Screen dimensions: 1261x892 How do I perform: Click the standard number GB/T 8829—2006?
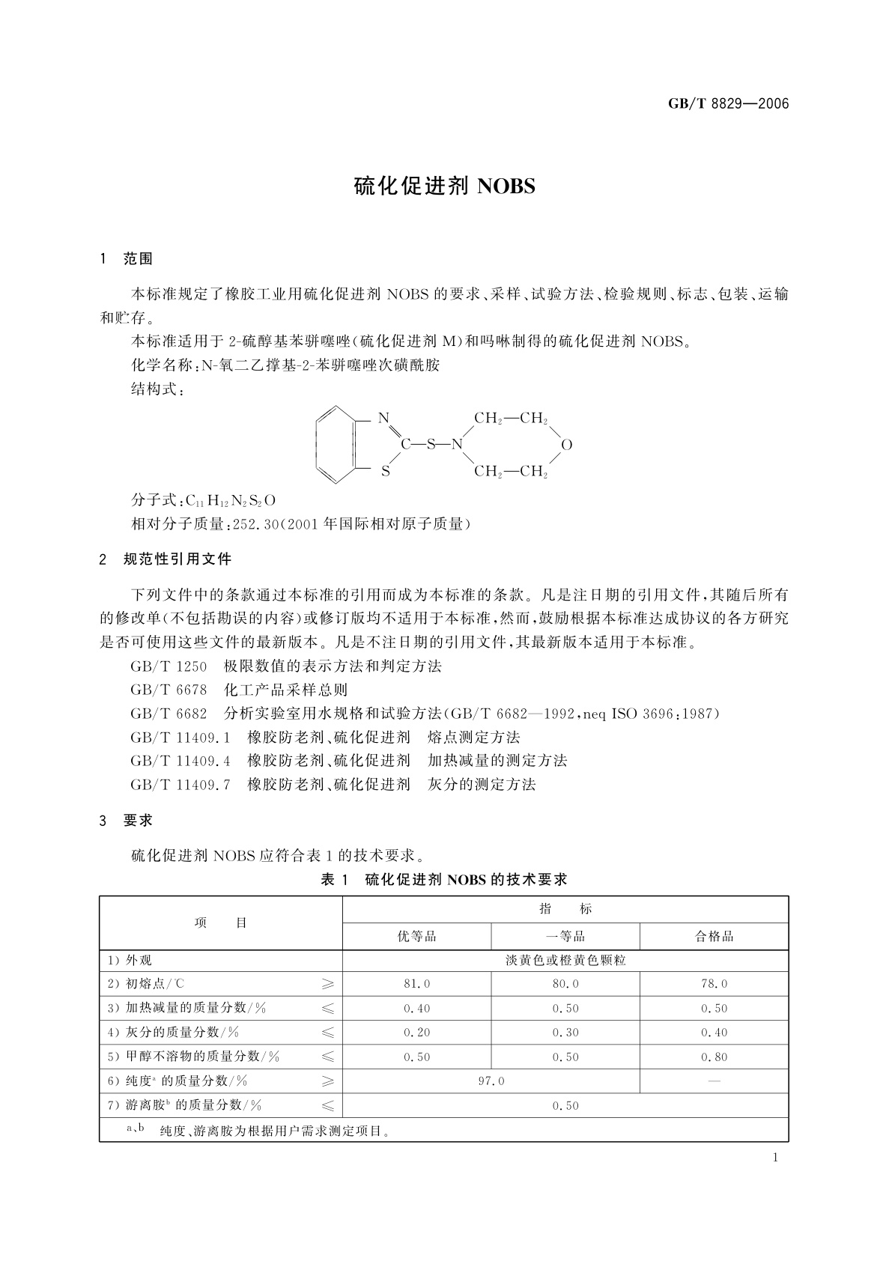coord(728,103)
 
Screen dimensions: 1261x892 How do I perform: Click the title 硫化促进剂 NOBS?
coord(444,186)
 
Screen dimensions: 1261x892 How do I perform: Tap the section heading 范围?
coord(138,259)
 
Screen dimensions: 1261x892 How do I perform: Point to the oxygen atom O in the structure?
coord(566,445)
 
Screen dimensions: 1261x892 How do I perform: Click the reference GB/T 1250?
coord(169,666)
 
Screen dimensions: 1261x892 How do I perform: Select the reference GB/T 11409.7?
coord(180,784)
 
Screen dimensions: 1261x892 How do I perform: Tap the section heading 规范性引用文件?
coord(178,559)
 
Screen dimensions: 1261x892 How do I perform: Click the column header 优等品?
coord(416,936)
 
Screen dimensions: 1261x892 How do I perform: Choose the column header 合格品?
coord(714,936)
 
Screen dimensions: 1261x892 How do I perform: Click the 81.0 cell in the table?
coord(416,984)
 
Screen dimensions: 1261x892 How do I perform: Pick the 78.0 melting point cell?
coord(714,984)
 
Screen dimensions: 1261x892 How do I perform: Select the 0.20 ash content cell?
coord(416,1033)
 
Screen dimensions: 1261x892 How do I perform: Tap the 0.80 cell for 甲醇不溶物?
coord(714,1057)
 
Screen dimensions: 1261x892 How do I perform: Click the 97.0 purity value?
coord(491,1081)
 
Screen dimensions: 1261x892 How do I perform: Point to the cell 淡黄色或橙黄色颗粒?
coord(565,960)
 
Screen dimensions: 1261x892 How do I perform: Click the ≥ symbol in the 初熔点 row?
coord(327,984)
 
